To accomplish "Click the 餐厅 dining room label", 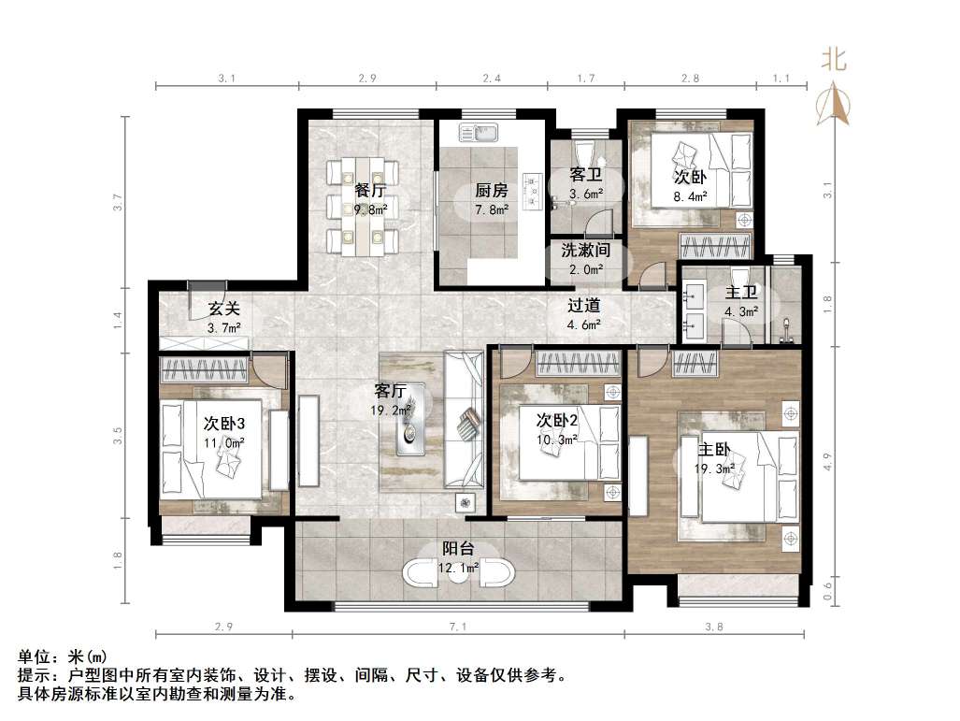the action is (370, 190).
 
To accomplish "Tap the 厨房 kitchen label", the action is (491, 190).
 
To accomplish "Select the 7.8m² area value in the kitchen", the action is (492, 210).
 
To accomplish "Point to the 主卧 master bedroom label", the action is (714, 450).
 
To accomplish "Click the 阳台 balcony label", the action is (458, 549).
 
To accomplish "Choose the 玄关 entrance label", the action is (223, 308).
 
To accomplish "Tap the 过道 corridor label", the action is (583, 305).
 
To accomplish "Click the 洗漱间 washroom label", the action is (585, 250).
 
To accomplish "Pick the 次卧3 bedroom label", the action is (224, 424).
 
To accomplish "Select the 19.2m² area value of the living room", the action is (390, 411).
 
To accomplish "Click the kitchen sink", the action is (479, 132).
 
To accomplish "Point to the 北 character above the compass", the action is (833, 60).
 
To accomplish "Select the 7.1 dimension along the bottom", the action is (457, 627).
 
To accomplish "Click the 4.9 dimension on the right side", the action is (827, 461).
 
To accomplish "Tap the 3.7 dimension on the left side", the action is (118, 202).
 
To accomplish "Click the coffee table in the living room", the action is (410, 420).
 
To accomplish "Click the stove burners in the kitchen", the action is (533, 192).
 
